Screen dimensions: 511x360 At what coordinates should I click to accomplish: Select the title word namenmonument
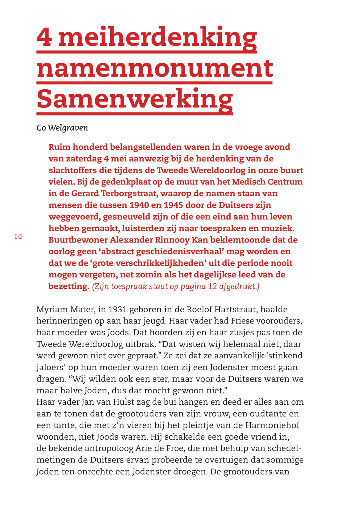(x=155, y=68)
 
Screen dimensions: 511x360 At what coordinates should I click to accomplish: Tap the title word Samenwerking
(x=135, y=99)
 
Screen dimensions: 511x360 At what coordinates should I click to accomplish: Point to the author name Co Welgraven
(x=62, y=128)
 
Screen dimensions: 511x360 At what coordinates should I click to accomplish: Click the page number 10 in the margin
(x=19, y=237)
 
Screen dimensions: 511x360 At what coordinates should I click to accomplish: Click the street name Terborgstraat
(x=129, y=194)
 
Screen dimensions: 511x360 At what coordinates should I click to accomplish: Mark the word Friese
(x=245, y=321)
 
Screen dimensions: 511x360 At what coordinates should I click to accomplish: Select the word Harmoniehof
(x=272, y=425)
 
